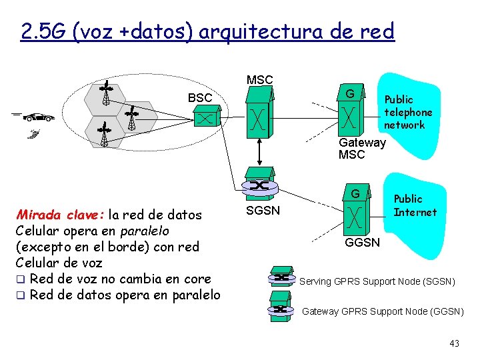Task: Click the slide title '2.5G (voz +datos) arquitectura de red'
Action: [x=207, y=31]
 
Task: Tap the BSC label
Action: [x=200, y=98]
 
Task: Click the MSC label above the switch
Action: [x=259, y=80]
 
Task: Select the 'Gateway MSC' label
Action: [x=361, y=149]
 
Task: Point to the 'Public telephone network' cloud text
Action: [x=407, y=112]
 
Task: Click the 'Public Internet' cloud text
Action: [x=415, y=205]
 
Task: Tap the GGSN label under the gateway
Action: [x=362, y=242]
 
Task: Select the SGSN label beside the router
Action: [x=263, y=211]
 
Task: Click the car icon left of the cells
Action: [x=39, y=117]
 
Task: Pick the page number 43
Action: [x=454, y=343]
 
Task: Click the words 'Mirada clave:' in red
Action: [x=59, y=215]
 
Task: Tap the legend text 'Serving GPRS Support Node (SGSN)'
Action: [x=377, y=281]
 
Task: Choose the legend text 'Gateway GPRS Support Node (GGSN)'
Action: [x=383, y=311]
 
